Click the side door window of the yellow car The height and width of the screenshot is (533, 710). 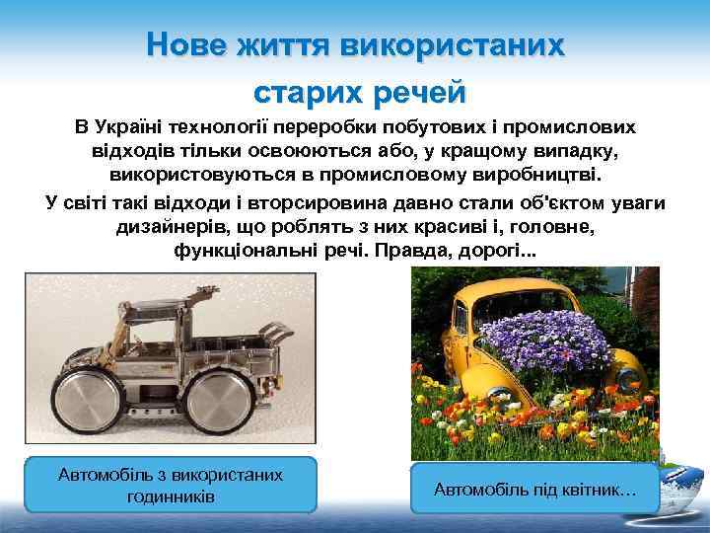[461, 316]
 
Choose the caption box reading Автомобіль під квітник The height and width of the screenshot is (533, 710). [534, 489]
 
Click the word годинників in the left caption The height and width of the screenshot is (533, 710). [171, 495]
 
